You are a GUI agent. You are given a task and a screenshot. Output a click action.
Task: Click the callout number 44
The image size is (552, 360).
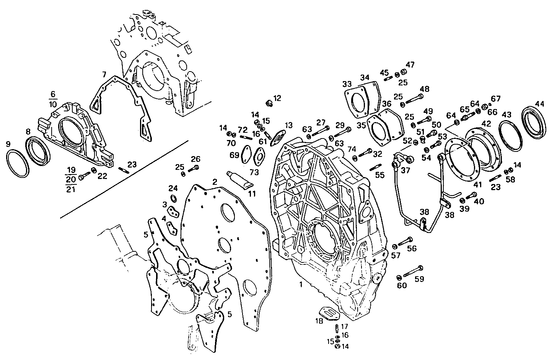click(x=539, y=104)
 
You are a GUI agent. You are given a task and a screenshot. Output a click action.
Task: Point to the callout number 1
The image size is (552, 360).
click(x=301, y=285)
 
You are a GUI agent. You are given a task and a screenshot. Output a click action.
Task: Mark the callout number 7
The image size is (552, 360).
click(x=104, y=73)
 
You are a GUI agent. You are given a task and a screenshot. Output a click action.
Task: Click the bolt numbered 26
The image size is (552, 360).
click(x=195, y=167)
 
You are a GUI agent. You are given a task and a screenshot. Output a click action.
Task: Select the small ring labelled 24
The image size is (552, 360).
click(x=173, y=198)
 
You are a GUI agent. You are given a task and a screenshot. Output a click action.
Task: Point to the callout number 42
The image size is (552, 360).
click(x=486, y=124)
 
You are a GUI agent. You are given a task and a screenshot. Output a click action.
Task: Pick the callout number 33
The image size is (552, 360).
click(x=347, y=84)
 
